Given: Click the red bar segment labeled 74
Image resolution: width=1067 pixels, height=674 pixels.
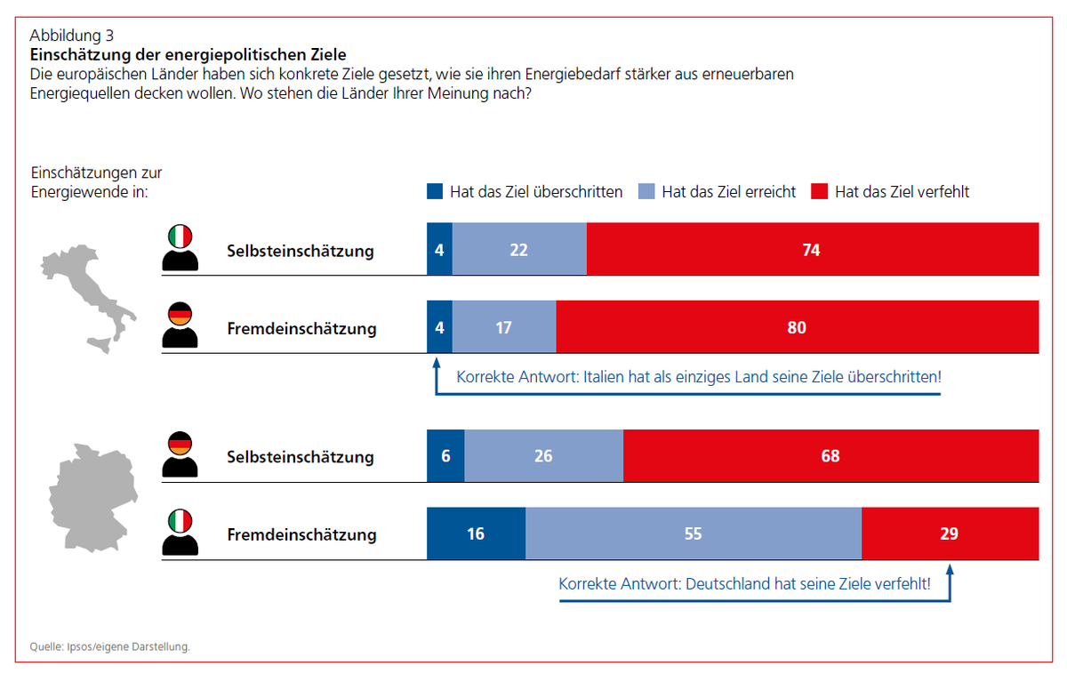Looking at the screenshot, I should (x=812, y=250).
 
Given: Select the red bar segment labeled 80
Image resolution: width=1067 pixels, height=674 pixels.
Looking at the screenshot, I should (x=797, y=327).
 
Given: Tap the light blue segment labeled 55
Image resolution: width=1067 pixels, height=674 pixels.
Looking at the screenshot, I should (x=693, y=534).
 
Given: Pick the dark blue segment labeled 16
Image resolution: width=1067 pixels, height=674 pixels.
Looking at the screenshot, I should (x=476, y=534).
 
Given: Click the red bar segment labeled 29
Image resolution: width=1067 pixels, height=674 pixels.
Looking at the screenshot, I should (x=950, y=534).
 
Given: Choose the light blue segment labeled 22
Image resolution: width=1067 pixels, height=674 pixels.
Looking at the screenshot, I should (x=519, y=250).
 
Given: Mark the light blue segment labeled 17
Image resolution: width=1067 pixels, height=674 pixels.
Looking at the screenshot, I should (x=504, y=327).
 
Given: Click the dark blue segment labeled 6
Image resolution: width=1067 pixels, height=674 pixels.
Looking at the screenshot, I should (x=445, y=456).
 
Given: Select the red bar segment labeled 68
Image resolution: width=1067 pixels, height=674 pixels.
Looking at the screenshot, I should (x=830, y=456).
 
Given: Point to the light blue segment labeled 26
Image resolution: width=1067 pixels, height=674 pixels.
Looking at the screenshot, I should (x=543, y=456).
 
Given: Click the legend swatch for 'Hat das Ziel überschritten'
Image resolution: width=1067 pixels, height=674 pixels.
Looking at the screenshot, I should (x=435, y=191).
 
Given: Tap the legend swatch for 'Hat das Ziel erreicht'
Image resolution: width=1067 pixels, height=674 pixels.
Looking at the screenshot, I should (x=646, y=191).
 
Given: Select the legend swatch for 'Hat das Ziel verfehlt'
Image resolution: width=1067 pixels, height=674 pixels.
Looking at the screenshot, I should (x=820, y=191).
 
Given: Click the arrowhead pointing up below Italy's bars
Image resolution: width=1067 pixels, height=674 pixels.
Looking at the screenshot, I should (x=436, y=363).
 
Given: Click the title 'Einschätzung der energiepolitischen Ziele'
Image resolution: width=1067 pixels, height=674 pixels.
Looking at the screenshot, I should (x=188, y=54).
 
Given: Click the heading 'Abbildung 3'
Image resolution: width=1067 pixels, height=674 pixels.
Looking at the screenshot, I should (x=71, y=36).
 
